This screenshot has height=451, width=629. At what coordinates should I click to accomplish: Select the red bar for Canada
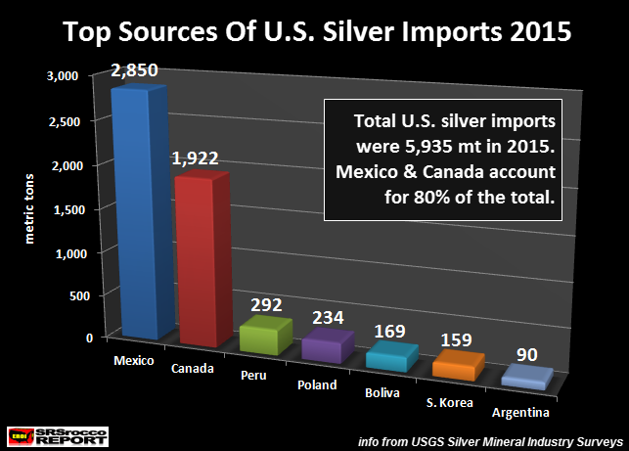(202, 259)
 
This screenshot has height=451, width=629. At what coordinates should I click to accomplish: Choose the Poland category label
(318, 384)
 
